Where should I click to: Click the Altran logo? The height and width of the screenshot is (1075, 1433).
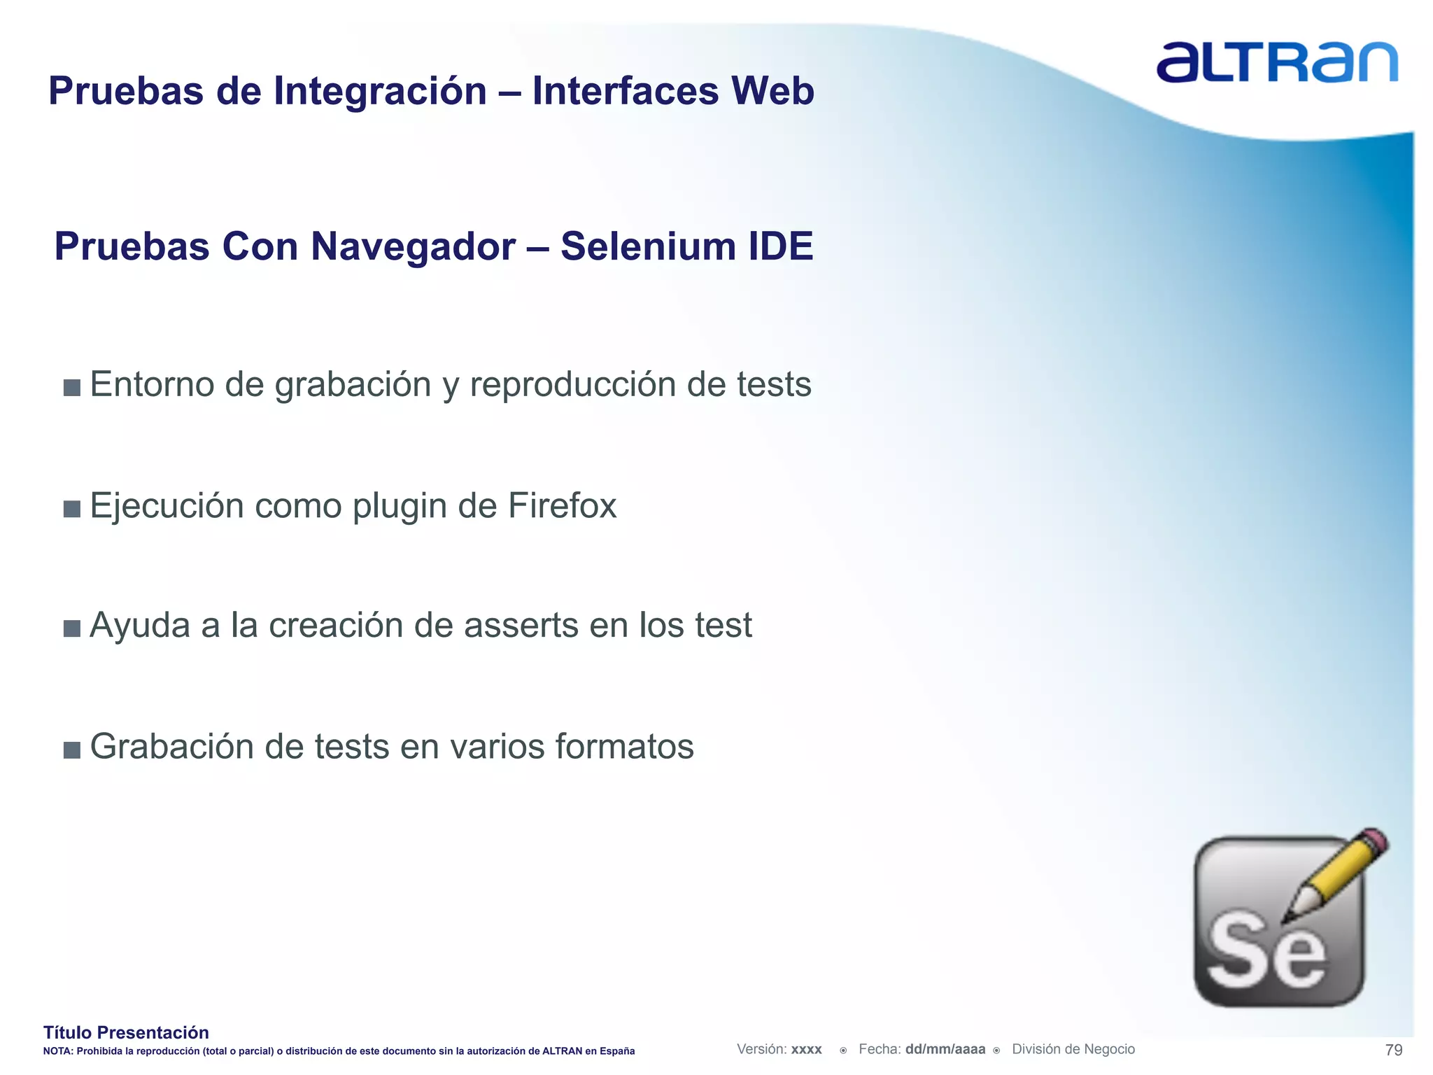coord(1277,62)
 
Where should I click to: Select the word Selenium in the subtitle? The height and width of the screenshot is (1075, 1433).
coord(647,247)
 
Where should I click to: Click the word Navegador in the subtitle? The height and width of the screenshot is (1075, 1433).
coord(413,247)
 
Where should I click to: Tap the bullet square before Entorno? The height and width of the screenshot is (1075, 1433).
coord(71,388)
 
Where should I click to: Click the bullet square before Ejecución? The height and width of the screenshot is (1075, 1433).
coord(71,509)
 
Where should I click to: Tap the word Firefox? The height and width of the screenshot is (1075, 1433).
coord(562,506)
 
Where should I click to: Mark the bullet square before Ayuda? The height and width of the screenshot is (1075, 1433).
coord(71,628)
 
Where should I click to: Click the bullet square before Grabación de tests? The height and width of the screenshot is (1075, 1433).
coord(71,750)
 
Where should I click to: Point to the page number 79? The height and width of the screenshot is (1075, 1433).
coord(1394,1050)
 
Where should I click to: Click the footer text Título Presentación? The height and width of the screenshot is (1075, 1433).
coord(126,1032)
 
